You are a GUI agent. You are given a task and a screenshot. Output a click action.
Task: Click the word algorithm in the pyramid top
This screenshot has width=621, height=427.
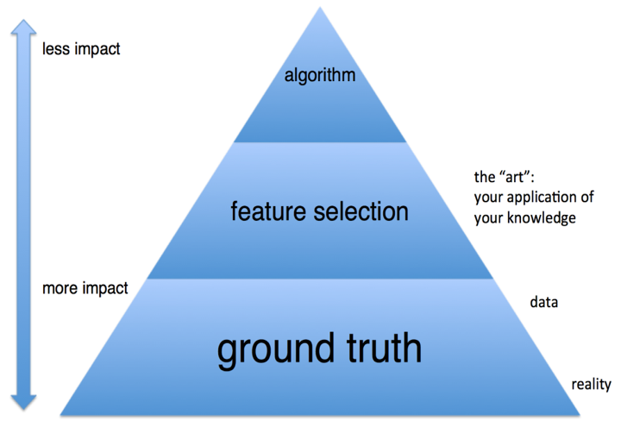(x=320, y=76)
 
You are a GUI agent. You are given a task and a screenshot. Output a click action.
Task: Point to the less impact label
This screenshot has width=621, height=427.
(x=81, y=49)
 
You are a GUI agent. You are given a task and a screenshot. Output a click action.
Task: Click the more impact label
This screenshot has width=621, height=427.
(x=85, y=288)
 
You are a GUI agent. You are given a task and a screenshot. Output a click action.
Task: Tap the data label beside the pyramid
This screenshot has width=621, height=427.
(x=543, y=302)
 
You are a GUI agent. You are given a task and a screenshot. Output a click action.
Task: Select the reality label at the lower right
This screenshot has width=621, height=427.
(x=591, y=384)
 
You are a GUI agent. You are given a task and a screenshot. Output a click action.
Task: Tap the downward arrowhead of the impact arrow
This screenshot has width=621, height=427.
(x=22, y=401)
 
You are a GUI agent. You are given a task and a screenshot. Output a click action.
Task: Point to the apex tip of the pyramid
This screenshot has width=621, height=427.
(x=321, y=9)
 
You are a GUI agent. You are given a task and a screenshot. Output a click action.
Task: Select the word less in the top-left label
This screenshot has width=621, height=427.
(x=55, y=49)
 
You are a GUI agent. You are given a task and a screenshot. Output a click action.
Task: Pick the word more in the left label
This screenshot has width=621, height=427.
(x=59, y=288)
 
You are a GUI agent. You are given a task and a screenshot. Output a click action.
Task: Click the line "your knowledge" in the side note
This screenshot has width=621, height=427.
(x=524, y=217)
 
